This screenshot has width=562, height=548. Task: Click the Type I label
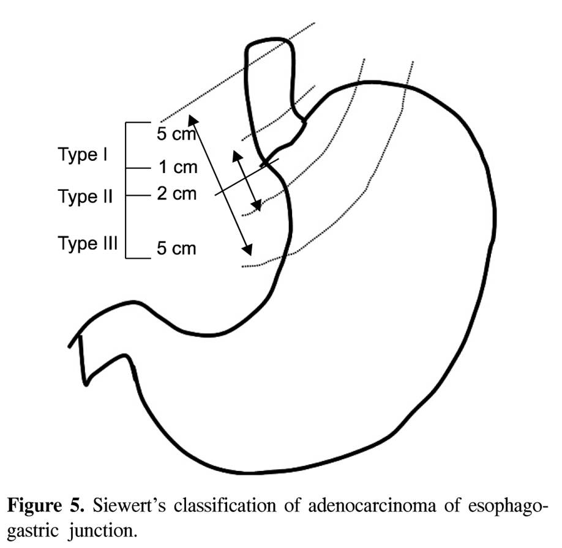pos(83,155)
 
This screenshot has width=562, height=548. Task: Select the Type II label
pos(85,197)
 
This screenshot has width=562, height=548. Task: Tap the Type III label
pos(88,243)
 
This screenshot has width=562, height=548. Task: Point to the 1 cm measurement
pos(178,167)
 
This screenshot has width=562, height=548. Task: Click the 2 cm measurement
pos(177,194)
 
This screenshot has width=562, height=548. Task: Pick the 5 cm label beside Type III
pos(176,248)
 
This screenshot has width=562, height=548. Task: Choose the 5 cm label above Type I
pos(176,134)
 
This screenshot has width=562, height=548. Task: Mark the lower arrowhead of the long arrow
pos(248,250)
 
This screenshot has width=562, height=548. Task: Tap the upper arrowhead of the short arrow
pos(237,155)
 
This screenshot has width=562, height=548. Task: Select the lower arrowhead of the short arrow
pos(257,206)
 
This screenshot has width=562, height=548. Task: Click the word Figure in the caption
pos(34,506)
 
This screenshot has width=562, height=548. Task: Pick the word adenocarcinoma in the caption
pos(372,506)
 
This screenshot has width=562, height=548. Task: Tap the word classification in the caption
pos(225,506)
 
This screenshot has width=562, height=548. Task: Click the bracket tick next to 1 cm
pos(138,168)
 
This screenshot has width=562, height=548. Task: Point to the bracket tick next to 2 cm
pos(138,195)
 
